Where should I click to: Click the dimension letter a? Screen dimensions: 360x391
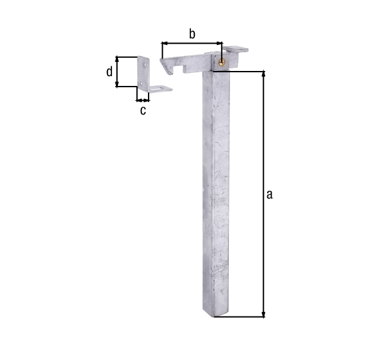(269, 195)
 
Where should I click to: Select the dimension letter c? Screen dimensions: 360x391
(143, 111)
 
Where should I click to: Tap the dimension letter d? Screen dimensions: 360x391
(109, 72)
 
